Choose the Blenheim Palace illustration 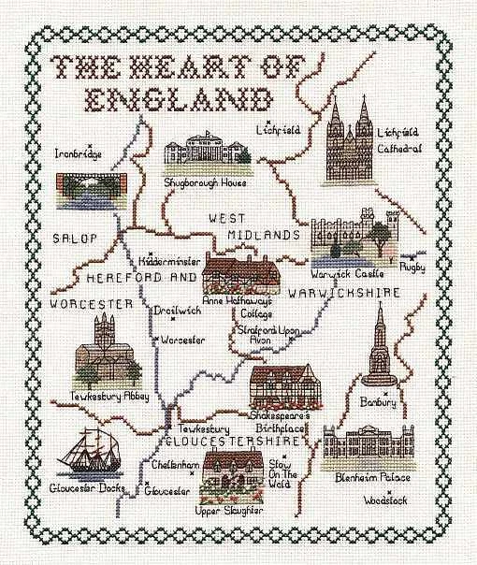[x=370, y=449]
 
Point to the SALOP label [x=75, y=238]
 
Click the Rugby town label [x=412, y=267]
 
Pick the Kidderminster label [x=168, y=264]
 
